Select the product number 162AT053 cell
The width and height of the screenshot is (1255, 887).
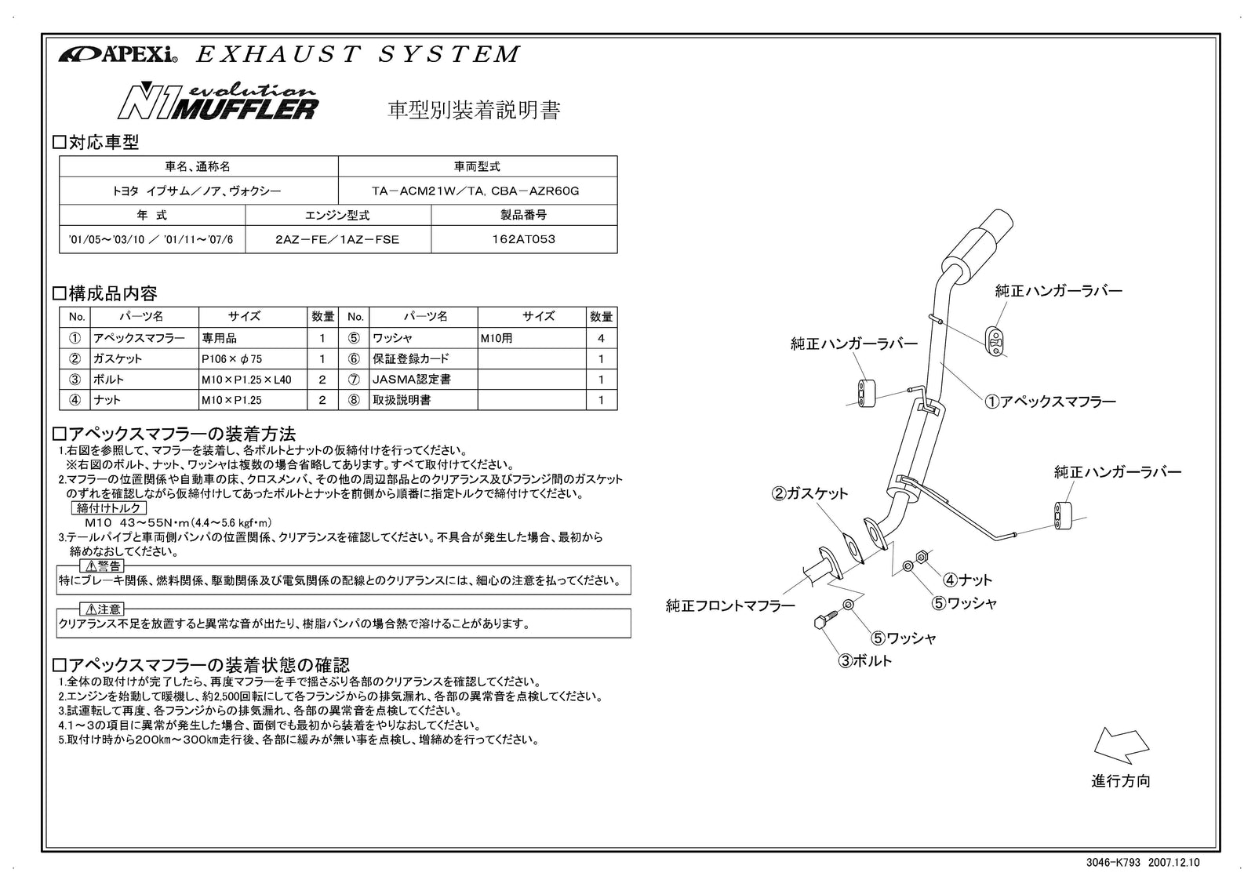[x=525, y=240]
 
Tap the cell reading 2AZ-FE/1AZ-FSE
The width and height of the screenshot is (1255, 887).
[x=337, y=240]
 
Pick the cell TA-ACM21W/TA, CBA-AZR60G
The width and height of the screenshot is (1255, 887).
[x=476, y=191]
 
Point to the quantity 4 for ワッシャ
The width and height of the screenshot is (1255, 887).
[x=602, y=338]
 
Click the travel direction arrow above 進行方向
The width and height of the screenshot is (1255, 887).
[x=1122, y=746]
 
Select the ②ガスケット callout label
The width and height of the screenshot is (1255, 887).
[x=810, y=493]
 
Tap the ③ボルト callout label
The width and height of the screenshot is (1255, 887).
[x=865, y=661]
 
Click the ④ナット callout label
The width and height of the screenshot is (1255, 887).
[x=967, y=580]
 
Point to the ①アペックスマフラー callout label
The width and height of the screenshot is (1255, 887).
[x=1050, y=402]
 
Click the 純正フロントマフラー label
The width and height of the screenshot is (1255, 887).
[x=730, y=605]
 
